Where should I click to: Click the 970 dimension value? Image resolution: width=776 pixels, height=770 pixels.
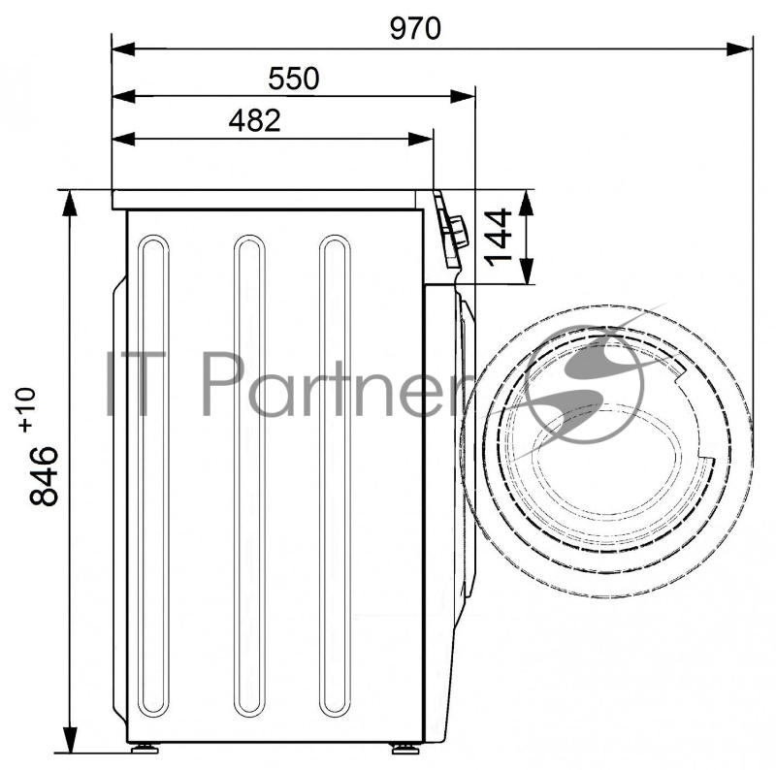[x=415, y=29]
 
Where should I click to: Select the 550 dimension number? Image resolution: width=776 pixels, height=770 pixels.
[x=294, y=79]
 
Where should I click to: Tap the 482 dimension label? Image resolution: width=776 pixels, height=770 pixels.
[x=254, y=120]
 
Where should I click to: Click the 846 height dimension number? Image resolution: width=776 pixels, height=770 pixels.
[x=44, y=475]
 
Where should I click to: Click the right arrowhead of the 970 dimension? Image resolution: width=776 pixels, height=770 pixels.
[x=739, y=49]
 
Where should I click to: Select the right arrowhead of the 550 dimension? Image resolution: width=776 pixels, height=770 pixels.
[x=463, y=97]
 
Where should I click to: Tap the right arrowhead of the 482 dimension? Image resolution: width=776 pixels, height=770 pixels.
[x=421, y=139]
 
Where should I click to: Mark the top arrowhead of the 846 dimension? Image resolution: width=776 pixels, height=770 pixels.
[x=70, y=203]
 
